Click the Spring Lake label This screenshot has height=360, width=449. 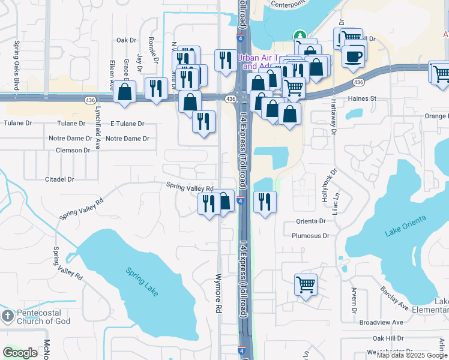[x=143, y=280]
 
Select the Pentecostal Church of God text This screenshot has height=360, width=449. [x=43, y=317]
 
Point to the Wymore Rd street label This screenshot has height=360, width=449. [x=218, y=293]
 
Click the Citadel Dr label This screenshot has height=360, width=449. [x=59, y=179]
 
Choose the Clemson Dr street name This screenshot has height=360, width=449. [x=73, y=150]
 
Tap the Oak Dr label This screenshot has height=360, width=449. [x=127, y=40]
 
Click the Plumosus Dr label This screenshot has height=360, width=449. [x=311, y=236]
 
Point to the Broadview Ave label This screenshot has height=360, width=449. [x=381, y=322]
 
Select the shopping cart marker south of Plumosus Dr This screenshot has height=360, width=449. [x=306, y=284]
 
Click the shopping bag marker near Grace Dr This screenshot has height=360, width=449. [x=125, y=92]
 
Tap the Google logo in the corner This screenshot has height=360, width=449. [x=20, y=353]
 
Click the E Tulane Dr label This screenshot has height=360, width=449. [x=127, y=124]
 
